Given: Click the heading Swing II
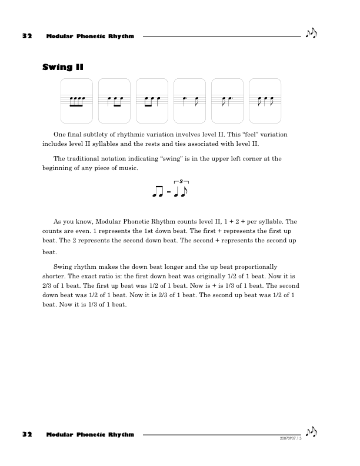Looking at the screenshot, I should [62, 68].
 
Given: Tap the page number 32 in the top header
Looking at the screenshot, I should [26, 36].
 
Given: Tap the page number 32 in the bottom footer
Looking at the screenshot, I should [26, 435].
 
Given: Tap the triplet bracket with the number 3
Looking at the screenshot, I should [181, 182].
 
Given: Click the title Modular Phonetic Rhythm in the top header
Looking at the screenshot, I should [90, 36].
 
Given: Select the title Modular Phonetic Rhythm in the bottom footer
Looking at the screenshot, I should [90, 435].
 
